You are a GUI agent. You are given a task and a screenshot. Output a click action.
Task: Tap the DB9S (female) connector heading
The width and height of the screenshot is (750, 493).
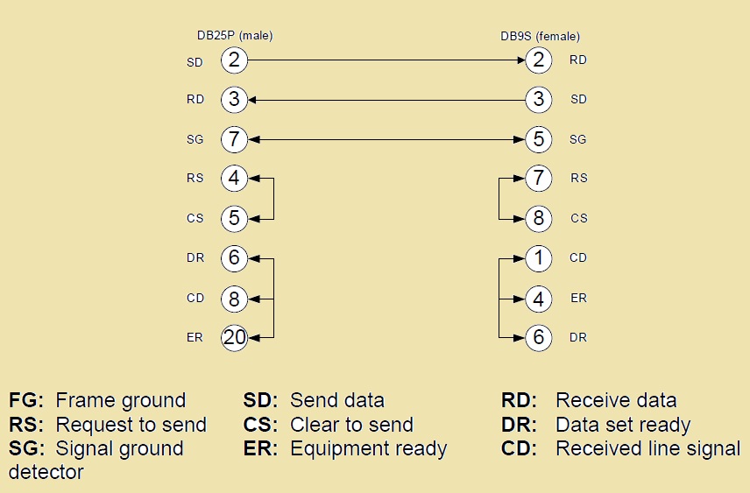(x=540, y=36)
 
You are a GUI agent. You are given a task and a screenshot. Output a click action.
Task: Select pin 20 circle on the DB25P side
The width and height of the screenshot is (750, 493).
(x=234, y=337)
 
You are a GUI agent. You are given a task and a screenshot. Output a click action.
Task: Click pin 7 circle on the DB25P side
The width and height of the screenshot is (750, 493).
(x=234, y=138)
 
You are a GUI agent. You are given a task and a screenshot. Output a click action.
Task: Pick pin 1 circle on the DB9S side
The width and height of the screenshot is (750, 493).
(x=539, y=258)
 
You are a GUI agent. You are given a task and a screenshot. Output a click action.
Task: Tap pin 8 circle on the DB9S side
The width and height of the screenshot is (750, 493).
(x=539, y=218)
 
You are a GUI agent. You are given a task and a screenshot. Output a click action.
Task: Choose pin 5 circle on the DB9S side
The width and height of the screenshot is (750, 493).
(x=539, y=138)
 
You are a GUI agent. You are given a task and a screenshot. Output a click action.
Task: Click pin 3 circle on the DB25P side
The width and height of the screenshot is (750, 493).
(x=234, y=99)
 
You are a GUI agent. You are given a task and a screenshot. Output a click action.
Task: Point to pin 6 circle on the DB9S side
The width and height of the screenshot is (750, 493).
(x=539, y=337)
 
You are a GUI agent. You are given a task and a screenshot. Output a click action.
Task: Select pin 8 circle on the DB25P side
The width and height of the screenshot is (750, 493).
(x=234, y=298)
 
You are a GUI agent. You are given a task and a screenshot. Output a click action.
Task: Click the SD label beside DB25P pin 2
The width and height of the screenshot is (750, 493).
(x=195, y=63)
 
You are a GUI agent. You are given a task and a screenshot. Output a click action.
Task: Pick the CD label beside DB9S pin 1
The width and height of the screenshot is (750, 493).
(x=578, y=258)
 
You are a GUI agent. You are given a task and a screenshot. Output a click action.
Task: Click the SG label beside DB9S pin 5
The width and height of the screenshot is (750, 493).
(x=578, y=139)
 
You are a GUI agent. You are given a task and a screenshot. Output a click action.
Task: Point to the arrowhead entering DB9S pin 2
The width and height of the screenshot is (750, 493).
(x=520, y=60)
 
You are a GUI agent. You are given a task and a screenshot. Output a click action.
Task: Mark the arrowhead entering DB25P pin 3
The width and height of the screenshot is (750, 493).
(x=252, y=99)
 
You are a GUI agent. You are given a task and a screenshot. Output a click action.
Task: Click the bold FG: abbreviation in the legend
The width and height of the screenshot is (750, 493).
(x=27, y=401)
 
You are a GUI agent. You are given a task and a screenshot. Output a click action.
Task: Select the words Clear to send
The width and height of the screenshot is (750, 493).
(x=351, y=426)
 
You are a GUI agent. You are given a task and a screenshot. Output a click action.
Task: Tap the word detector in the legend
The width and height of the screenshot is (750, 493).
(x=46, y=472)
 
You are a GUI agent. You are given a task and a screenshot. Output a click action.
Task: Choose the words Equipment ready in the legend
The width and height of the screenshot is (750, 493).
(x=368, y=449)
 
